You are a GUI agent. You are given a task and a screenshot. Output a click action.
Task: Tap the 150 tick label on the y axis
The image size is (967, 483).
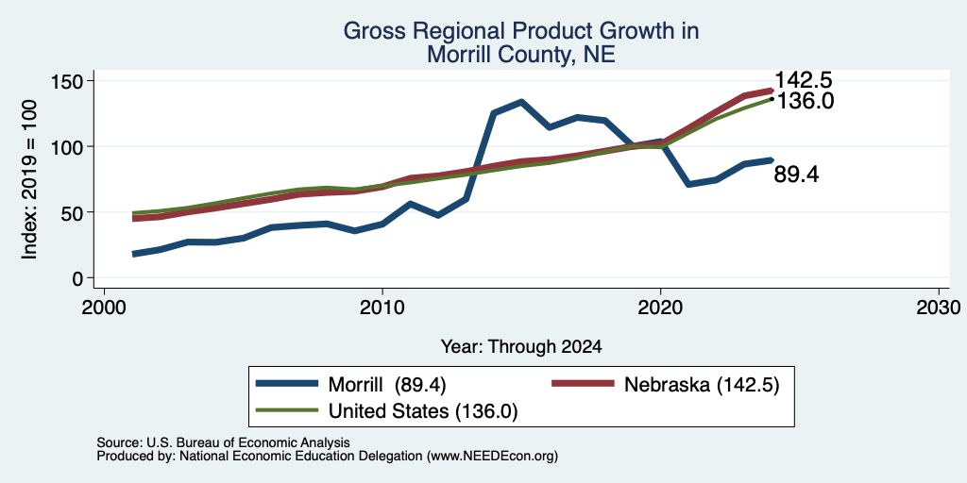(x=67, y=81)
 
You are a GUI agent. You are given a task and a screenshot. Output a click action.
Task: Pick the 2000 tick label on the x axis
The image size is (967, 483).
(x=104, y=307)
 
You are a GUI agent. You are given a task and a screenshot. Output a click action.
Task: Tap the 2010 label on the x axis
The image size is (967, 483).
(x=382, y=307)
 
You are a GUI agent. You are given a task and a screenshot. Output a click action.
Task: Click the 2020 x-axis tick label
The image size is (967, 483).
(x=660, y=307)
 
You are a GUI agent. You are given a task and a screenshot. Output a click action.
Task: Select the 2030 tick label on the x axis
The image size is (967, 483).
(x=939, y=307)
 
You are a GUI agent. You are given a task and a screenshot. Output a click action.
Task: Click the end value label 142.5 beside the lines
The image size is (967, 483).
(x=803, y=80)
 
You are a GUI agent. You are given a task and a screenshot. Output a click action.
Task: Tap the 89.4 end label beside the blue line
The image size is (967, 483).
(x=796, y=175)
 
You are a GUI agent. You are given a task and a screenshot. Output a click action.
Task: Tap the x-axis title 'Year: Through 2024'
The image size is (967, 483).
(x=521, y=347)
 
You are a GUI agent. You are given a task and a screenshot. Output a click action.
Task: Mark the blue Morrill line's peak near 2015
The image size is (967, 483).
(x=521, y=102)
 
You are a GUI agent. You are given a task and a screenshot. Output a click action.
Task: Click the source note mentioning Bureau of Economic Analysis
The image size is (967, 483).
(x=223, y=442)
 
